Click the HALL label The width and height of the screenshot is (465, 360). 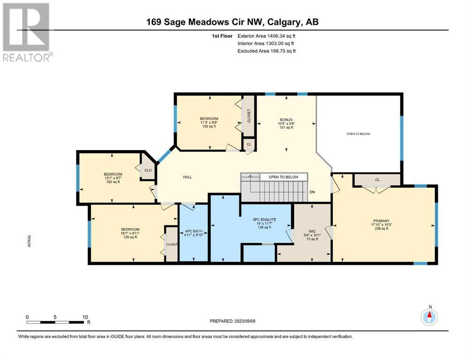pyautogui.click(x=187, y=177)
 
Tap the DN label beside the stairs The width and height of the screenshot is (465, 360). pyautogui.click(x=312, y=192)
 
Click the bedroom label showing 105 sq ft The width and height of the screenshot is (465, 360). pyautogui.click(x=209, y=122)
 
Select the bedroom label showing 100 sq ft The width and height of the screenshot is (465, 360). pyautogui.click(x=113, y=178)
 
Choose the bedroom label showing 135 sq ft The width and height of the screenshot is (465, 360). pyautogui.click(x=130, y=233)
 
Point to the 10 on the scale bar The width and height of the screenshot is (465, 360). pyautogui.click(x=85, y=317)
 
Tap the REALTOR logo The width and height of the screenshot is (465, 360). pyautogui.click(x=27, y=32)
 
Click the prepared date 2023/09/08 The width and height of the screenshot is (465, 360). pyautogui.click(x=244, y=321)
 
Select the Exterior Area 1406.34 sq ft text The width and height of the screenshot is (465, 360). pyautogui.click(x=266, y=36)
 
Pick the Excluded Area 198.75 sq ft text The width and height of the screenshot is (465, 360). pyautogui.click(x=266, y=51)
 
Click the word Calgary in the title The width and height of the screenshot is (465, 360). pyautogui.click(x=284, y=22)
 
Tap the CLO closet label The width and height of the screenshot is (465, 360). pyautogui.click(x=148, y=170)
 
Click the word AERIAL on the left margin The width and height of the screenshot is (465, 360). pyautogui.click(x=29, y=240)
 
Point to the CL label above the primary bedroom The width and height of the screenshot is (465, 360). pyautogui.click(x=377, y=180)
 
